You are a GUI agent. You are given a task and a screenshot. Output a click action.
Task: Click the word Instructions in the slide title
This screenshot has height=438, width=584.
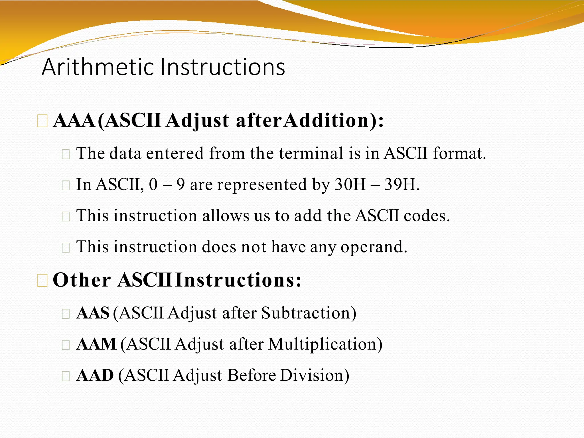click(222, 67)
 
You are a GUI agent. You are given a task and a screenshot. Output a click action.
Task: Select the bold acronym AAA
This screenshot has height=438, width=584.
click(74, 121)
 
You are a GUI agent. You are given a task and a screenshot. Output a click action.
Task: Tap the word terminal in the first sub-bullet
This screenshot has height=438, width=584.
click(311, 153)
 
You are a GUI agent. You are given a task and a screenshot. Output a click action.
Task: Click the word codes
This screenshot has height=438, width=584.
click(427, 216)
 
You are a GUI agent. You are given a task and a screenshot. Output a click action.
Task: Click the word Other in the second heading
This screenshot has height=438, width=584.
click(82, 280)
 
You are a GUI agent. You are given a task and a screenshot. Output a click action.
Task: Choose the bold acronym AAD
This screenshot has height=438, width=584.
click(95, 376)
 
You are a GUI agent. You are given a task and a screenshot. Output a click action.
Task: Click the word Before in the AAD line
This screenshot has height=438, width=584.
click(252, 376)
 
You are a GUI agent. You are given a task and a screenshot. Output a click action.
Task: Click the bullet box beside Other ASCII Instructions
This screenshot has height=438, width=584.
click(42, 281)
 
